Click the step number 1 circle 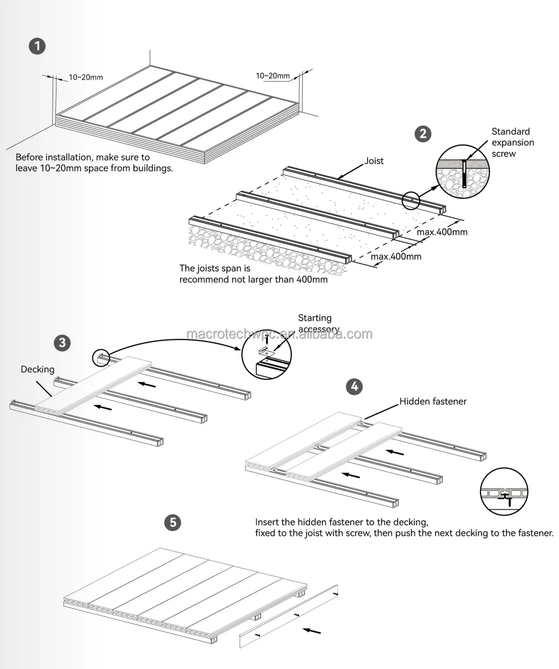pyautogui.click(x=37, y=46)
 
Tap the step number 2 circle pyautogui.click(x=422, y=134)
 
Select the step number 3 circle pyautogui.click(x=62, y=343)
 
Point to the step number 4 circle pyautogui.click(x=354, y=386)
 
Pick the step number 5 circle pyautogui.click(x=173, y=522)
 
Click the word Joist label pyautogui.click(x=374, y=161)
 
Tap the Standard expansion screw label pyautogui.click(x=512, y=143)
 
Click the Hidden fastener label pyautogui.click(x=433, y=401)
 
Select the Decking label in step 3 pyautogui.click(x=37, y=370)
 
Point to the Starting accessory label pyautogui.click(x=318, y=323)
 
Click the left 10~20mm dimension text pyautogui.click(x=86, y=77)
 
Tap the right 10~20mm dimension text pyautogui.click(x=273, y=76)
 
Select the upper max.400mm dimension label pyautogui.click(x=442, y=232)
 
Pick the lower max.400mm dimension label pyautogui.click(x=396, y=256)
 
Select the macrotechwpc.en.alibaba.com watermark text pyautogui.click(x=279, y=334)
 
